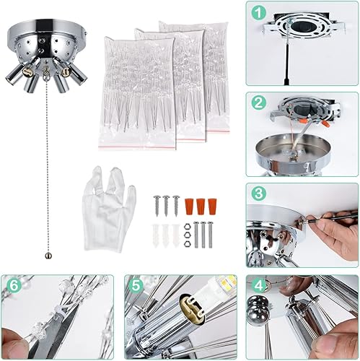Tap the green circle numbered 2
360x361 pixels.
click(x=258, y=102)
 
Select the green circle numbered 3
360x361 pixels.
click(x=258, y=193)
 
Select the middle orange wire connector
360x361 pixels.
click(x=201, y=206)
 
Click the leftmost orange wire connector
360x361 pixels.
click(x=190, y=206)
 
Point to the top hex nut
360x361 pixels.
click(x=186, y=227)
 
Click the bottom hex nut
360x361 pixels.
click(x=186, y=239)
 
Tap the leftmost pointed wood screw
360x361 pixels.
click(x=157, y=205)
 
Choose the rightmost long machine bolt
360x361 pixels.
click(x=213, y=234)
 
